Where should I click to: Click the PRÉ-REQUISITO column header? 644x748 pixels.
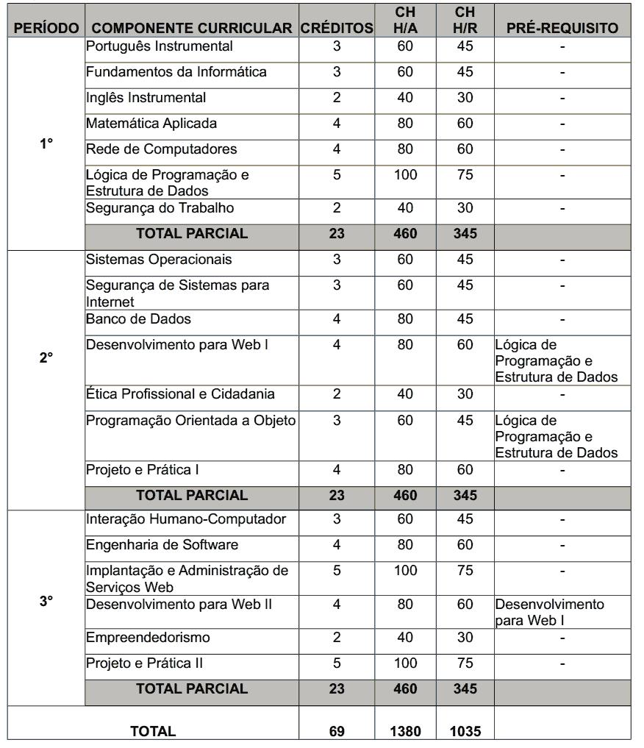pos(562,28)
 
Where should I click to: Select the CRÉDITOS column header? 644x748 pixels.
pos(337,28)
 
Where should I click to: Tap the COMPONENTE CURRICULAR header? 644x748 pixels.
pos(192,28)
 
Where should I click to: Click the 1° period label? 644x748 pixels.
pos(46,144)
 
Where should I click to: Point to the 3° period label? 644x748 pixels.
pos(46,601)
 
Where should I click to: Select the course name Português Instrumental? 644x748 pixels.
pos(160,47)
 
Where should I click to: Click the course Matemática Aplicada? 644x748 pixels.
pos(151,124)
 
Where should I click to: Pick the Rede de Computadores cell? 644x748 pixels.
pos(162,149)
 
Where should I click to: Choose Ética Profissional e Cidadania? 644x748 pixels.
pos(181,394)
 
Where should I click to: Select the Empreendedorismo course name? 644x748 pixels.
pos(148,638)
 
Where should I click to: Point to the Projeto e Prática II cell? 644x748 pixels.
pos(145,663)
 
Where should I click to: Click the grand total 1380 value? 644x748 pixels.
pos(405,731)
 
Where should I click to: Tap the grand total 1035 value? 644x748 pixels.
pos(465,731)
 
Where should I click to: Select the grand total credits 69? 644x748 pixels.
pos(337,731)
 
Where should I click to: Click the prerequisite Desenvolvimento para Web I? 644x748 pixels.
pos(549,612)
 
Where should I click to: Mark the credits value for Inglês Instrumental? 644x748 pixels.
pos(337,98)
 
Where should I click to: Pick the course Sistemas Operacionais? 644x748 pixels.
pos(159,260)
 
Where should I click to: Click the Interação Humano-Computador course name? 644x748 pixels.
pos(186,520)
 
